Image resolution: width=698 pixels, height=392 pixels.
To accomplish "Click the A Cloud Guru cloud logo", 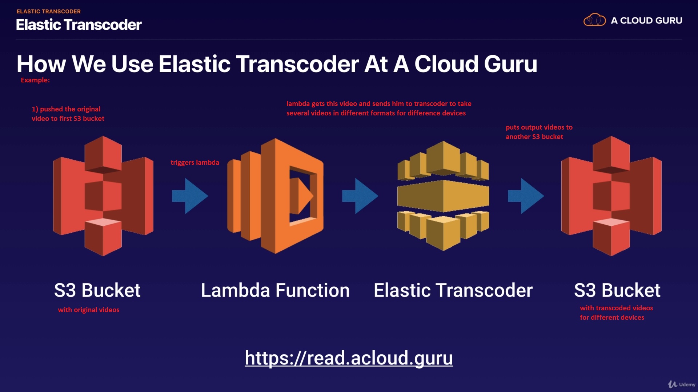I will (x=594, y=20).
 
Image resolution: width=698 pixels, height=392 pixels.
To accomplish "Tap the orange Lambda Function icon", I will (x=275, y=196).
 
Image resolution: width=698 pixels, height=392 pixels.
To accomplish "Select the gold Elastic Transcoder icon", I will (x=443, y=196).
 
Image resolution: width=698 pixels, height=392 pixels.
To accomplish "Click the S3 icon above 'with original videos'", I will (x=103, y=196).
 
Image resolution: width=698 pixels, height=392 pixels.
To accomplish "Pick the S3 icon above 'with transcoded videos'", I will (x=611, y=196).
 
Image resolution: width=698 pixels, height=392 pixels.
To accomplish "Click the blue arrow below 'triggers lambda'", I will (x=190, y=196).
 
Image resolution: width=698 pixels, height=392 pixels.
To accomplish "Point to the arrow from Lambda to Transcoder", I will (x=360, y=196).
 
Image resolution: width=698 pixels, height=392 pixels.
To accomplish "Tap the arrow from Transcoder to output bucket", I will (x=526, y=196).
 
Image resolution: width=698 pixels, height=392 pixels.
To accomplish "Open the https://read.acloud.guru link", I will (x=349, y=358).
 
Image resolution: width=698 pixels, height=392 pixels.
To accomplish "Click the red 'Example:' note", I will (x=35, y=80).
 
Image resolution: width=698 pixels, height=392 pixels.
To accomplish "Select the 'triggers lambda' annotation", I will (x=195, y=163).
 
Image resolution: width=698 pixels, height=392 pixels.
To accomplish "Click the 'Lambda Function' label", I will (x=275, y=290).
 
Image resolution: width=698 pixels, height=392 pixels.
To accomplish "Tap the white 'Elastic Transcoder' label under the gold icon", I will (x=453, y=290).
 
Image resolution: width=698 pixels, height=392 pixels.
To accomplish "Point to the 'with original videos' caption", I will (x=89, y=310).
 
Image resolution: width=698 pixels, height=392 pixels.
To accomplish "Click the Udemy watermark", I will (x=682, y=384).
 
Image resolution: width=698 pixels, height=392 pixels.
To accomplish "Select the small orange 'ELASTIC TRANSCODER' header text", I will (x=49, y=12).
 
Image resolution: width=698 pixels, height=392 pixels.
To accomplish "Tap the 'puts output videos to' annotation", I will (x=539, y=127).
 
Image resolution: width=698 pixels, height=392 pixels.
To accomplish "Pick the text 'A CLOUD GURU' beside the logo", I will (x=646, y=21).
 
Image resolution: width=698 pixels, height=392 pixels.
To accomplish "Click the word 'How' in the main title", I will (x=41, y=64).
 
